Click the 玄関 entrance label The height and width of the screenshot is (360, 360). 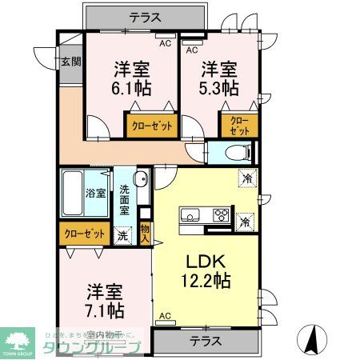(70, 62)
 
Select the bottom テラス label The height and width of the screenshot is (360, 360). (206, 341)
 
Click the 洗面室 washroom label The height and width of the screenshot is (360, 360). (126, 201)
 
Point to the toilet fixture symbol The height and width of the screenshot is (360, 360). (236, 151)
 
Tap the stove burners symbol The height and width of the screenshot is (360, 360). (221, 214)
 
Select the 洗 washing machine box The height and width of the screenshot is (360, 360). (122, 235)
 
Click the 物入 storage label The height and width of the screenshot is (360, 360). (145, 232)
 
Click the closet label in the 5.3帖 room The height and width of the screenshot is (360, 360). (238, 126)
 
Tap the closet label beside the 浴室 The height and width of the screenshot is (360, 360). (83, 234)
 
